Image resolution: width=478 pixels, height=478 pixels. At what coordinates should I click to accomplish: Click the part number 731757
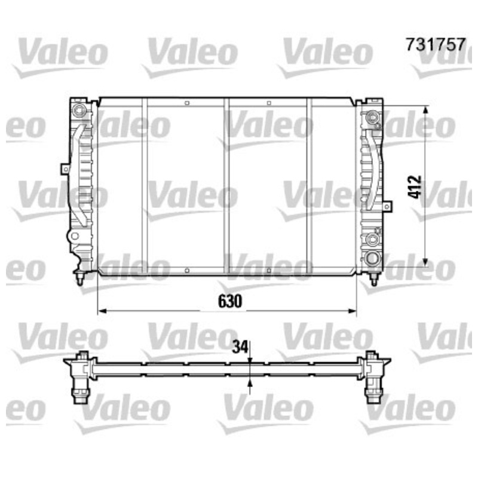(x=436, y=44)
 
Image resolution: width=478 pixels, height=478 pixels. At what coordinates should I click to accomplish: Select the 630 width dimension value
(x=230, y=301)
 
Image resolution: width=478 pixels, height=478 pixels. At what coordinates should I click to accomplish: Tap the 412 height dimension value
(x=415, y=187)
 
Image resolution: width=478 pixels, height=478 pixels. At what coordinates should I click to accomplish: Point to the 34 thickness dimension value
(x=240, y=347)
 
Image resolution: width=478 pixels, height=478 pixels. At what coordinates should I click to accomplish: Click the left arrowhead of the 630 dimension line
(x=102, y=311)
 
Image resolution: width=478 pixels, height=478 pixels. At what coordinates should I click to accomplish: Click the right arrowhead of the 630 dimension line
(x=352, y=311)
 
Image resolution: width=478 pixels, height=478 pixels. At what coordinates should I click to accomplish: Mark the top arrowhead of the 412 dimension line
(x=426, y=111)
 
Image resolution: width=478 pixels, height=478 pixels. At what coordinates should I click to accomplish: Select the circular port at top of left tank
(x=79, y=110)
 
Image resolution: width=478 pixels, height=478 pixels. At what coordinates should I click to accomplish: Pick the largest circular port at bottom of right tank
(x=372, y=259)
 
